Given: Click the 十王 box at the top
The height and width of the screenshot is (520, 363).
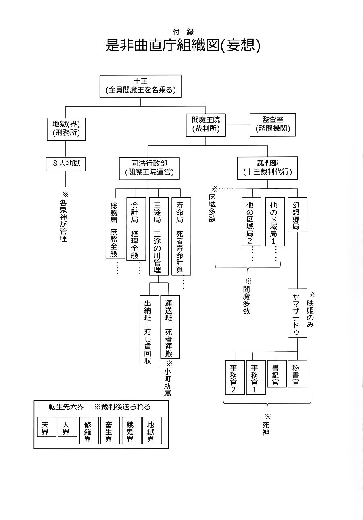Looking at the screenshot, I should (x=140, y=86).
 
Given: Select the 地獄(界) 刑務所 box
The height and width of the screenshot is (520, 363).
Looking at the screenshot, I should (x=66, y=128).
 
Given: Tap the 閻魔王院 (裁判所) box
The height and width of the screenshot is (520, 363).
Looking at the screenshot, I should (x=206, y=124).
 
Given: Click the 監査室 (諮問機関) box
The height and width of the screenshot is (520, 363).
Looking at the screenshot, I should (x=273, y=124).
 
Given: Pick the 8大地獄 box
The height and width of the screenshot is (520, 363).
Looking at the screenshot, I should (x=66, y=164).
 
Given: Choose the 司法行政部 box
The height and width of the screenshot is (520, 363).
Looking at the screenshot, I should (x=149, y=168).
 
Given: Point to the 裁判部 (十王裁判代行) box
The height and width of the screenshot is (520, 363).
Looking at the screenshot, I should (x=267, y=168).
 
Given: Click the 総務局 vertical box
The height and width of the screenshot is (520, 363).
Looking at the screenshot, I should (x=115, y=228).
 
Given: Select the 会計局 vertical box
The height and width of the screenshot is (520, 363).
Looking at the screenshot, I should (x=136, y=229).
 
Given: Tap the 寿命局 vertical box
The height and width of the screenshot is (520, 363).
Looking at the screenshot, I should (x=181, y=236).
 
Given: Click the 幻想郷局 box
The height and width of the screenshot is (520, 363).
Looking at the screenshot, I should (x=297, y=214).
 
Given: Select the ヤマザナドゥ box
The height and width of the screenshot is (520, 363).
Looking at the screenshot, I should (x=297, y=313).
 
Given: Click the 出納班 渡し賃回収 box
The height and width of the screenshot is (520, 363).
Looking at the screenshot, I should (x=149, y=331).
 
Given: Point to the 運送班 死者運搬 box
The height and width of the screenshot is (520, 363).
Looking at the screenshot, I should (x=170, y=327).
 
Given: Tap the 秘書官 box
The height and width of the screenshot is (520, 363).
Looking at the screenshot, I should (x=297, y=374).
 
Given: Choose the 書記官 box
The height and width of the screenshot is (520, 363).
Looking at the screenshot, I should (x=277, y=374).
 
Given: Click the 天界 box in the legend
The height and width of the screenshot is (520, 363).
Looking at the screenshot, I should (x=46, y=427).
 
